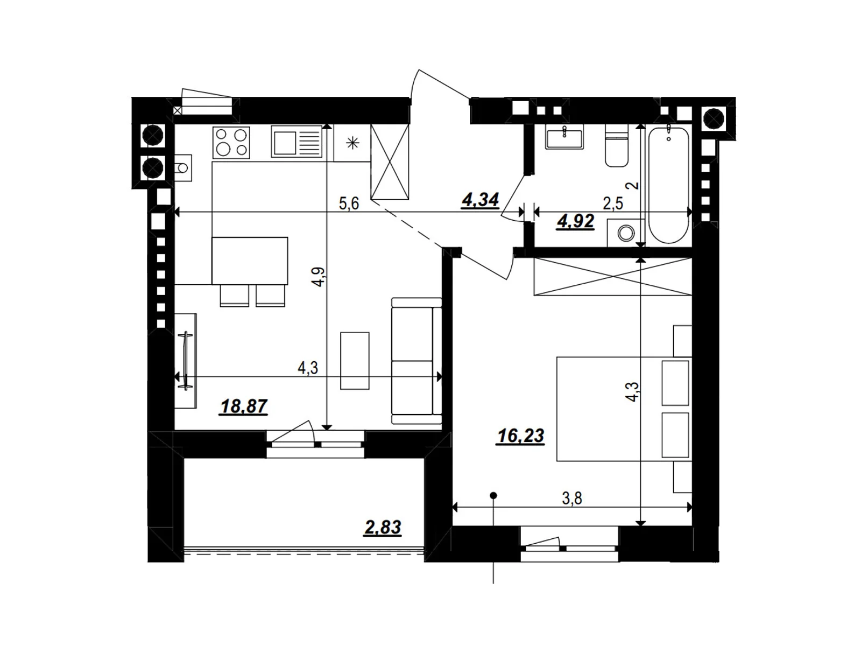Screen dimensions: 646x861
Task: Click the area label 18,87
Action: click(x=243, y=406)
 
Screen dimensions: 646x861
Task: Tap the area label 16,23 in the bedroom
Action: click(x=520, y=436)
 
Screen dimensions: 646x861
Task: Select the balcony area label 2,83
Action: click(x=383, y=527)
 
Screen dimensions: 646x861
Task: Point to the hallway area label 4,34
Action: click(x=480, y=200)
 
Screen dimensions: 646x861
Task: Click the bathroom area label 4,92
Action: click(x=576, y=221)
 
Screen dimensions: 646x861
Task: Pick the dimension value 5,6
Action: click(x=349, y=204)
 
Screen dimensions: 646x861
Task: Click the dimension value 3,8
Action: click(x=572, y=498)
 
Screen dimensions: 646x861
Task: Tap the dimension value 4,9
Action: click(x=319, y=277)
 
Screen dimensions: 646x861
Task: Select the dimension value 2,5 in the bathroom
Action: click(x=613, y=204)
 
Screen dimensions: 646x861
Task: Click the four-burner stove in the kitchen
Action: click(x=231, y=142)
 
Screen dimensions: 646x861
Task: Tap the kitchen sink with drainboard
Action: click(x=297, y=142)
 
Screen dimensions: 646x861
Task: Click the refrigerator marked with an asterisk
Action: click(x=352, y=143)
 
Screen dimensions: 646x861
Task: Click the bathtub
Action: click(x=669, y=185)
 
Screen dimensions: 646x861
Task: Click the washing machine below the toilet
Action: click(x=625, y=233)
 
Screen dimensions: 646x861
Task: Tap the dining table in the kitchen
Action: click(x=250, y=261)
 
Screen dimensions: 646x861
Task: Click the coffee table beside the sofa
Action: click(x=355, y=361)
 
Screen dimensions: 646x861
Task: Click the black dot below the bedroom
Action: click(x=493, y=495)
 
